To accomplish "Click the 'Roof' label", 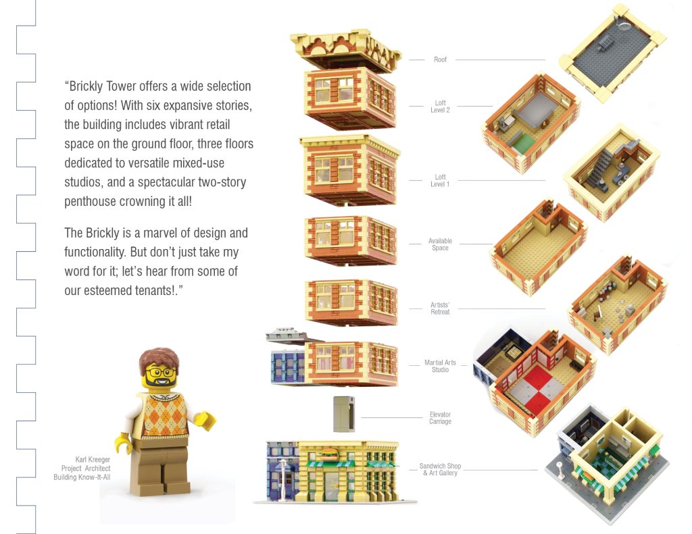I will (x=440, y=60).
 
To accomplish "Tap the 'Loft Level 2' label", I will (x=440, y=107).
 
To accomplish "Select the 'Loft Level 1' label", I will (x=440, y=180).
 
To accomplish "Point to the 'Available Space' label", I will (x=440, y=244).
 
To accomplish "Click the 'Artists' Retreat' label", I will (x=440, y=309).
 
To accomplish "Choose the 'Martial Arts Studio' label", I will (x=440, y=366).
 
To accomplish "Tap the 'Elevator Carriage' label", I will (x=440, y=418).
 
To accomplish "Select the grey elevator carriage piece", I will (x=344, y=413).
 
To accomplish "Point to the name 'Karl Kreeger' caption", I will (x=93, y=460).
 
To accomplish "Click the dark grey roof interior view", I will (x=612, y=49).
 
